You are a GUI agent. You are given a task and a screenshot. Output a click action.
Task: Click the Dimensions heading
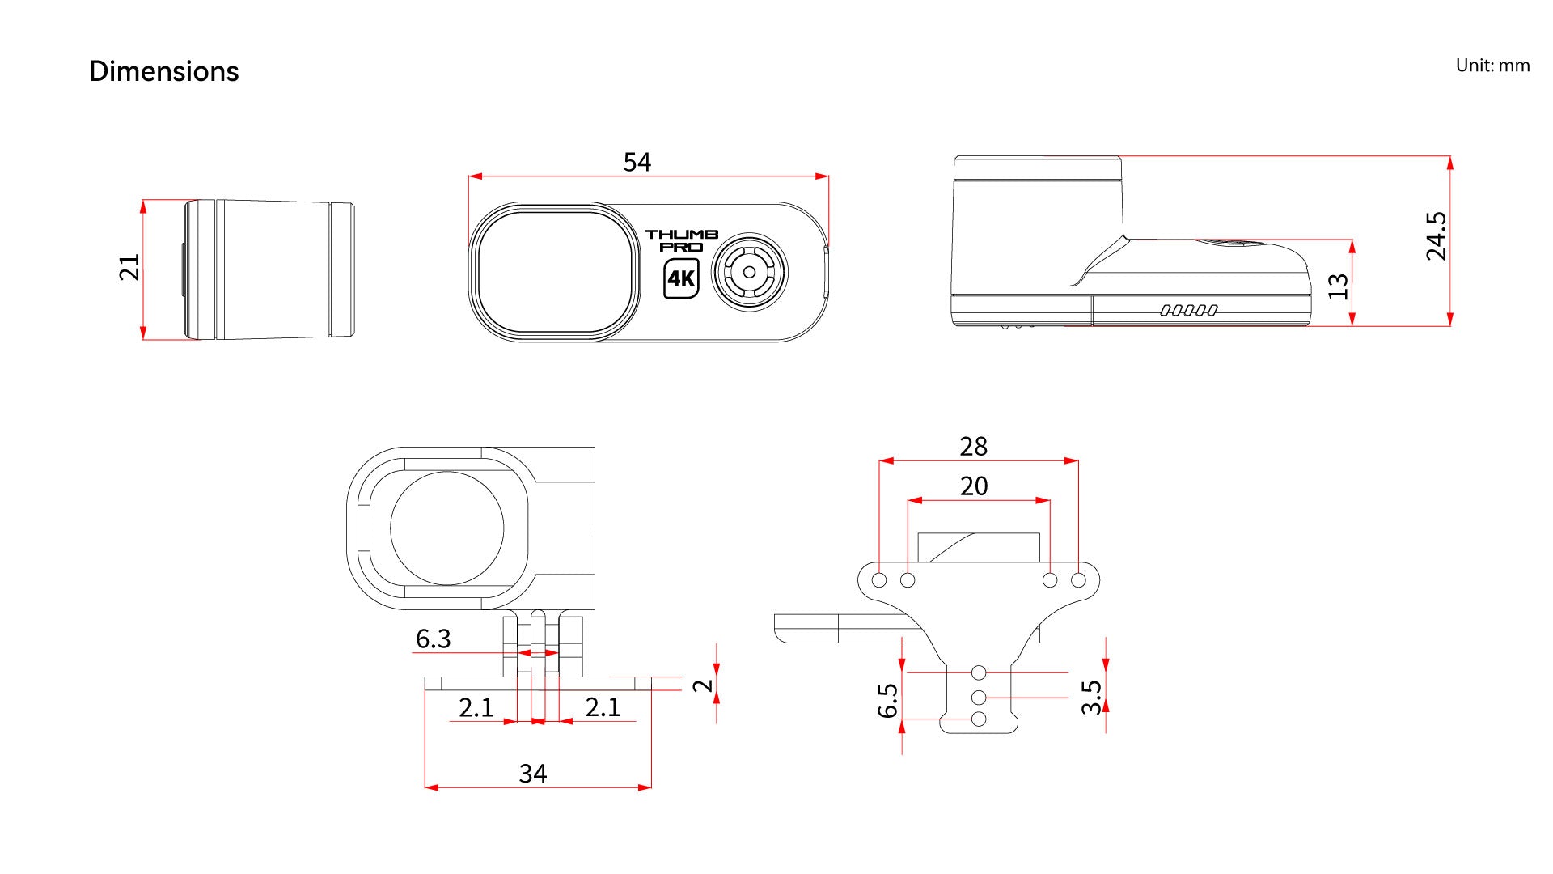(x=163, y=71)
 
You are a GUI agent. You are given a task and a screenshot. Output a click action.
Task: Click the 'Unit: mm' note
(x=1492, y=66)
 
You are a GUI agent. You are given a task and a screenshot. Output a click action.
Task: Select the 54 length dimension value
(x=637, y=162)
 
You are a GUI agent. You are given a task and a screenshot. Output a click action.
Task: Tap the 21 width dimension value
(x=129, y=267)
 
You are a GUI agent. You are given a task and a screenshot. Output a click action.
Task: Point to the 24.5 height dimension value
(x=1437, y=235)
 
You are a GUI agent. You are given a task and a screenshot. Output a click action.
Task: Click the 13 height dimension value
(x=1339, y=286)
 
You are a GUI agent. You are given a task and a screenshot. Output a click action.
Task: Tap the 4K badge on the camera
(x=681, y=279)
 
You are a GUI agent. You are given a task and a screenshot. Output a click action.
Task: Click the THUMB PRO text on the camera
(x=681, y=240)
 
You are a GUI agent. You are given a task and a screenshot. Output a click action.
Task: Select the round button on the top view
(x=749, y=273)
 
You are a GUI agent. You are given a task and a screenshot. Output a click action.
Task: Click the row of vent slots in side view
(x=1188, y=310)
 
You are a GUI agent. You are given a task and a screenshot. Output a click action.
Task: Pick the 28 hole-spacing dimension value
(x=974, y=446)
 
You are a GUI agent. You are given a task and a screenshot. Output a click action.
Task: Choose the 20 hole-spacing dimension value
(x=974, y=486)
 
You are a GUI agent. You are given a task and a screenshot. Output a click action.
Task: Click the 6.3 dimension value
(x=433, y=639)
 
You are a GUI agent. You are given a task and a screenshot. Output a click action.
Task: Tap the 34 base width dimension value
(x=532, y=774)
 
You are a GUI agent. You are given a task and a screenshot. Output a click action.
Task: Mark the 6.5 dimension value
(x=887, y=701)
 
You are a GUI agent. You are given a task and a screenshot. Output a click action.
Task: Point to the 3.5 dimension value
(x=1091, y=697)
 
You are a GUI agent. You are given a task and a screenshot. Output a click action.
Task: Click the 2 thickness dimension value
(x=704, y=685)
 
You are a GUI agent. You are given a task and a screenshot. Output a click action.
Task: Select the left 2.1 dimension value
(x=476, y=707)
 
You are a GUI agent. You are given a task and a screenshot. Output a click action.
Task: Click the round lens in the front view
(x=446, y=528)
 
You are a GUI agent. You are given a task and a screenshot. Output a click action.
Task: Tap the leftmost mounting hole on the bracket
(x=879, y=580)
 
